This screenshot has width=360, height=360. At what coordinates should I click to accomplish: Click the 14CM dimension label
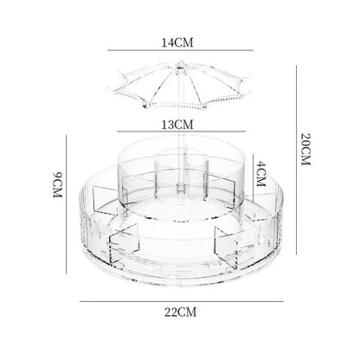click(x=177, y=42)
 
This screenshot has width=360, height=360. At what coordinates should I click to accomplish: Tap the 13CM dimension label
click(x=177, y=125)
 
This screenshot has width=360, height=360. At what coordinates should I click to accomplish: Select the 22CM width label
click(x=181, y=312)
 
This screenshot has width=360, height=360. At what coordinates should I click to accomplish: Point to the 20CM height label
click(x=305, y=149)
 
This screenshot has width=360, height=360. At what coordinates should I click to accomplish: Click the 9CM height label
click(x=57, y=185)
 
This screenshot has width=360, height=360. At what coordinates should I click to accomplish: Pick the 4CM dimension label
click(x=260, y=174)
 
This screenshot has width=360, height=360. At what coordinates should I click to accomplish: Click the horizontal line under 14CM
click(x=181, y=50)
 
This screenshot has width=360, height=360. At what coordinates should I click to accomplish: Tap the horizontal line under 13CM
click(x=182, y=132)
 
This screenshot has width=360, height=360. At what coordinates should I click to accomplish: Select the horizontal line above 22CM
click(x=182, y=302)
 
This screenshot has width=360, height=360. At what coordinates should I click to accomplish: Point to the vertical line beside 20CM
click(x=296, y=160)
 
